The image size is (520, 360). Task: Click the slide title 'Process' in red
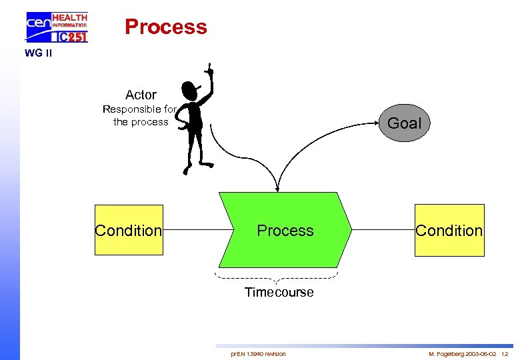pyautogui.click(x=166, y=27)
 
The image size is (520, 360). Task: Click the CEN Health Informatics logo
pyautogui.click(x=56, y=27)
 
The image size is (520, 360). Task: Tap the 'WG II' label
pyautogui.click(x=38, y=53)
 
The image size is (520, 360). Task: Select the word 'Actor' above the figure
pyautogui.click(x=141, y=95)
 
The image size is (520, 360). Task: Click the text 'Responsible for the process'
pyautogui.click(x=139, y=115)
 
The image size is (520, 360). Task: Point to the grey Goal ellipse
pyautogui.click(x=404, y=123)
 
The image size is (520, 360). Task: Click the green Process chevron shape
pyautogui.click(x=285, y=230)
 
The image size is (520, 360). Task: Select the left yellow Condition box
pyautogui.click(x=129, y=230)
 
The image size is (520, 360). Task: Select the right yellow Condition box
pyautogui.click(x=449, y=230)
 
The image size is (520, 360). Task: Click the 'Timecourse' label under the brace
pyautogui.click(x=279, y=292)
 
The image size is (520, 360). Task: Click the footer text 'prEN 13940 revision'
pyautogui.click(x=258, y=353)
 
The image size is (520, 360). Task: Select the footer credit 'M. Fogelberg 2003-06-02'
pyautogui.click(x=462, y=353)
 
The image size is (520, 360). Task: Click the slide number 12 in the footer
pyautogui.click(x=505, y=353)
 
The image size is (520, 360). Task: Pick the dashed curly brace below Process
pyautogui.click(x=276, y=277)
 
